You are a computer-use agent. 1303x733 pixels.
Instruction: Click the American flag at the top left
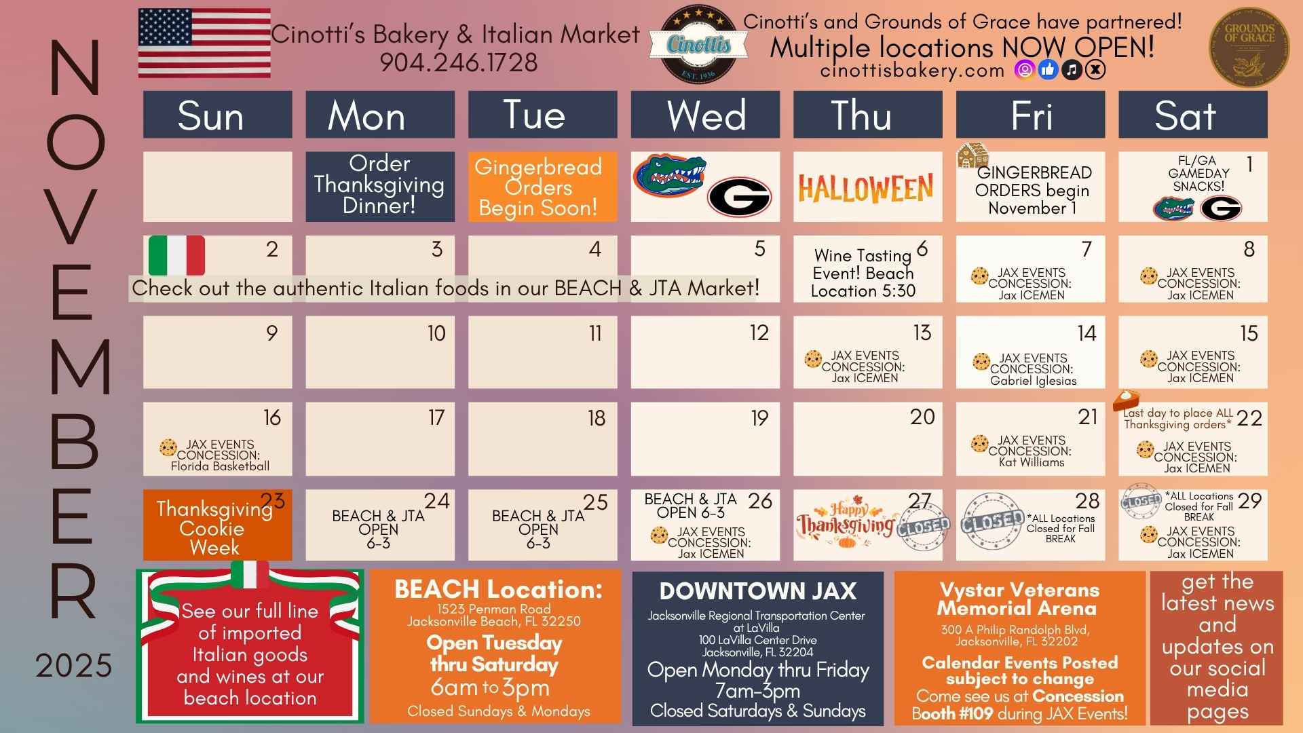coord(204,43)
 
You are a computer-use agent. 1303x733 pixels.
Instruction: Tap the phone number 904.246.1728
coord(459,62)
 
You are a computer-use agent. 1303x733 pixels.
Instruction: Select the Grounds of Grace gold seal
coord(1249,47)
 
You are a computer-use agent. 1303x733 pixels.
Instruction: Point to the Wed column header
coord(705,115)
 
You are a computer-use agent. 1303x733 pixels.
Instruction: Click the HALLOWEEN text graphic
coord(865,188)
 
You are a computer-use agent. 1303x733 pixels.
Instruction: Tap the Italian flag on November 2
coord(176,255)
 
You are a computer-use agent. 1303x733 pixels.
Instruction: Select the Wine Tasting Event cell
coord(867,269)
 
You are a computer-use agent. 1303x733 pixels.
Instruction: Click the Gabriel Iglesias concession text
coord(1033,381)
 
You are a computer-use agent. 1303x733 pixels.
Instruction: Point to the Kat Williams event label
coord(1032,462)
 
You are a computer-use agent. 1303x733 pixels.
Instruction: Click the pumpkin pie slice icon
coord(1126,400)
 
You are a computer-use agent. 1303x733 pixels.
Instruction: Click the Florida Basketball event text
coord(220,466)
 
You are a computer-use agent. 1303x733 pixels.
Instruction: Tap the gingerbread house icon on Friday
coord(972,155)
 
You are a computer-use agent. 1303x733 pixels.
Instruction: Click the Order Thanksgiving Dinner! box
coord(380,186)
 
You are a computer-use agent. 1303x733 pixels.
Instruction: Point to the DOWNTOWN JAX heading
coord(757,591)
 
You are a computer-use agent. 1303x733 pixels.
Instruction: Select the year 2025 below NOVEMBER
coord(74,666)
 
